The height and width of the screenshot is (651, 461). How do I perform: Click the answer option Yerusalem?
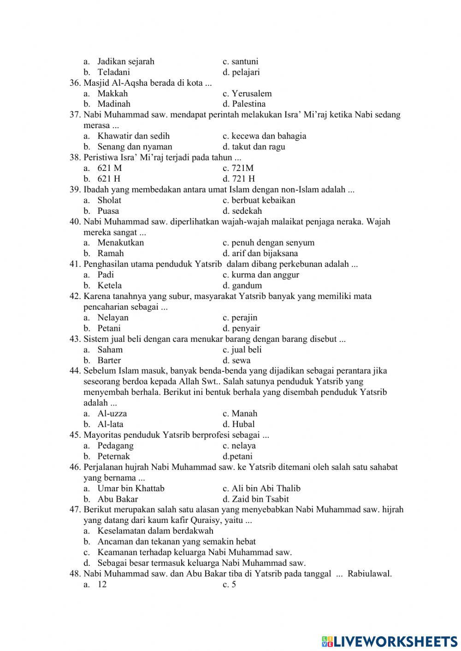252,94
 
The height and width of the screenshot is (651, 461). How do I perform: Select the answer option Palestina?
248,104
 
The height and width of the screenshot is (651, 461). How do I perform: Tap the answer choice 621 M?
109,168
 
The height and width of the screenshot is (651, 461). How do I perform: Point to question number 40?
75,222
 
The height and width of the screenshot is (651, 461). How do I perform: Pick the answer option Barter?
109,360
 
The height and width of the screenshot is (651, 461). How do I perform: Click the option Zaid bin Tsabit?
260,499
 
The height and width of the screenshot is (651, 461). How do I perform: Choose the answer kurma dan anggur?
265,275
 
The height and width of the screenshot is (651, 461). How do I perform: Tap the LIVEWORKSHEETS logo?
390,641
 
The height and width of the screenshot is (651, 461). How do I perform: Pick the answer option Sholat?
109,200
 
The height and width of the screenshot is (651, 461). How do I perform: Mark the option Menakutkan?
120,243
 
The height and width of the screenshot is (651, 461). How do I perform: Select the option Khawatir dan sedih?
133,136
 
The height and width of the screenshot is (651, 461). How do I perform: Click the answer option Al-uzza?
112,414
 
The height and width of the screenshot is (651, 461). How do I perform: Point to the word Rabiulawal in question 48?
370,574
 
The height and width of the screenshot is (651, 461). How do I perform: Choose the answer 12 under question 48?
102,585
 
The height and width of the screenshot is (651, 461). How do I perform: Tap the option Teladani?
113,72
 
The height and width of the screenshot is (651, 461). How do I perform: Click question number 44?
75,371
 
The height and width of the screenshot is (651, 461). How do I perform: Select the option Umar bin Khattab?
130,488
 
